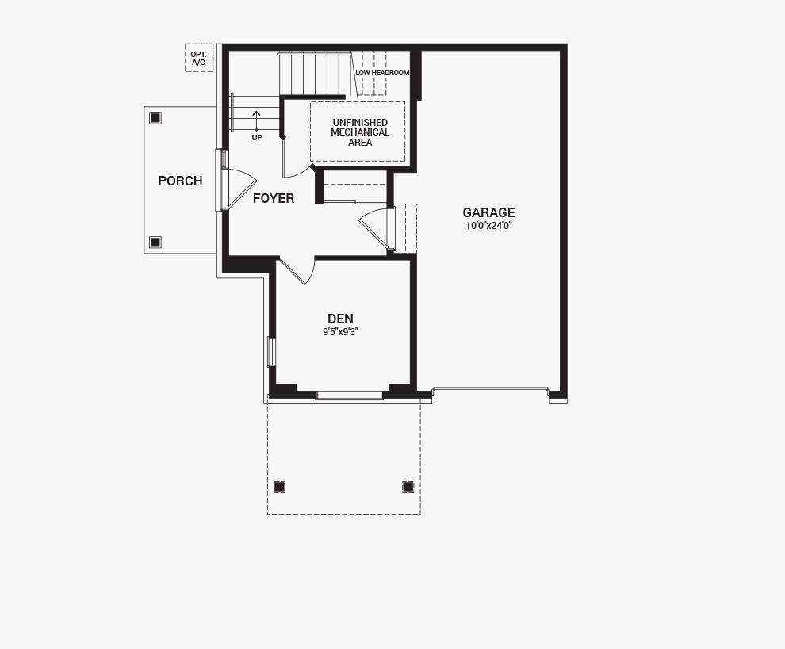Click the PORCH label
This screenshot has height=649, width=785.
tap(180, 181)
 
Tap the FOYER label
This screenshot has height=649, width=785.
tap(274, 198)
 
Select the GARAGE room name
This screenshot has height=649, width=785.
tap(488, 212)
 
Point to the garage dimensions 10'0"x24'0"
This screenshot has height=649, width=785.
tap(488, 225)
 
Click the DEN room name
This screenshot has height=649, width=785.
tap(340, 319)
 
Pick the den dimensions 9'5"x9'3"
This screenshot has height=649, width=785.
tap(340, 332)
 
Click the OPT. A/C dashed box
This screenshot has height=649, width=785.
tap(199, 58)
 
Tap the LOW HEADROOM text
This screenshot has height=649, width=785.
tap(382, 73)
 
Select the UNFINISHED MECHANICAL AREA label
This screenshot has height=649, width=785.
tap(360, 132)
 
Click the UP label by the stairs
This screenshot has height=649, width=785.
tap(257, 138)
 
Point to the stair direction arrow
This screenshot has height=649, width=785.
tap(256, 120)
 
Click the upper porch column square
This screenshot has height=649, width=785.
tap(155, 118)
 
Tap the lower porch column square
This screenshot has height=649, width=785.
tap(155, 242)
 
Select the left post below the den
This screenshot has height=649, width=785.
tap(279, 487)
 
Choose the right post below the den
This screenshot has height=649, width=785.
tap(408, 487)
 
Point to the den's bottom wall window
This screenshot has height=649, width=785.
tap(350, 395)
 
